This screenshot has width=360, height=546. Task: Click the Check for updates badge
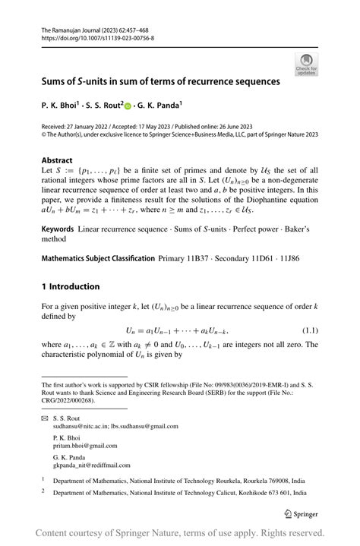tap(308, 63)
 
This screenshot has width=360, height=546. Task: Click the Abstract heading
tap(57, 161)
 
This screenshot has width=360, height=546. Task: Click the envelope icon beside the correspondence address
tap(45, 418)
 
